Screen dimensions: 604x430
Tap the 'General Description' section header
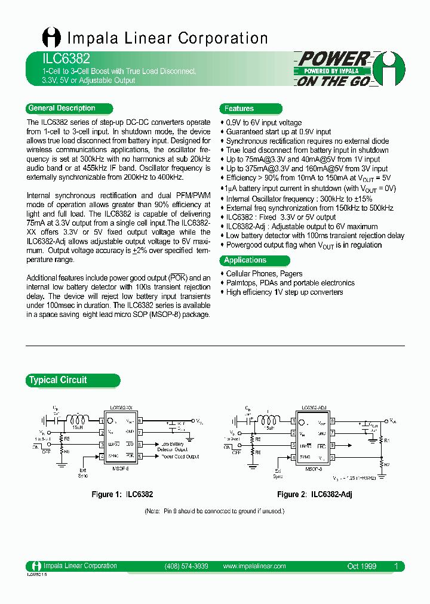click(x=62, y=108)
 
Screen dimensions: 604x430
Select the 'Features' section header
click(x=239, y=109)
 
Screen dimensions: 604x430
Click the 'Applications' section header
click(x=245, y=260)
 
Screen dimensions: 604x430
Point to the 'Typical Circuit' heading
click(x=58, y=380)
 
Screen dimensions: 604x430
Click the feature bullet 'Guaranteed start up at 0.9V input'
click(x=278, y=132)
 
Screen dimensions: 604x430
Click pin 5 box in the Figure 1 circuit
click(x=140, y=457)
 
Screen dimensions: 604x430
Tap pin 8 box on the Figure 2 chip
click(x=332, y=421)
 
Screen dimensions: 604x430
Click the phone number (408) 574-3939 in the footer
click(x=186, y=566)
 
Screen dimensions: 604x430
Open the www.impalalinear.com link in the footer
click(x=254, y=566)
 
